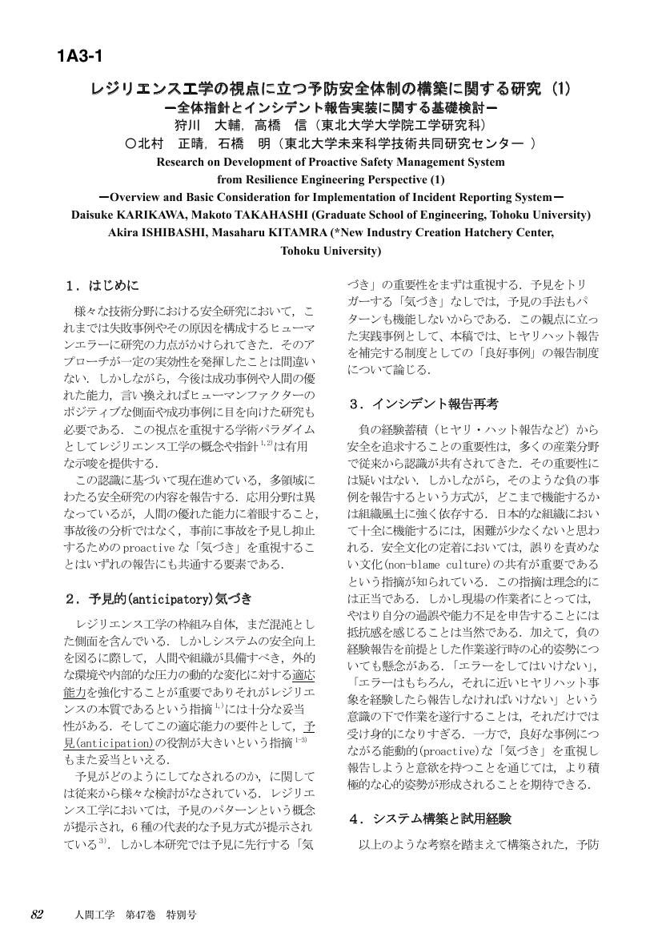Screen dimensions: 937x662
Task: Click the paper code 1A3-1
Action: coord(79,56)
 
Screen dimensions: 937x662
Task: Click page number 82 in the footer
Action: coord(37,915)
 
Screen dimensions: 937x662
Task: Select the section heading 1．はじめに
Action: coord(103,285)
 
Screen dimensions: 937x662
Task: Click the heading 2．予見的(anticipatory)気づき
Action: coord(158,598)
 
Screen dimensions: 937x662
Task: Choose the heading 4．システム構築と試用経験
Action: coord(430,819)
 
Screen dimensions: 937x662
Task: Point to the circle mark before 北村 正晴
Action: coord(132,144)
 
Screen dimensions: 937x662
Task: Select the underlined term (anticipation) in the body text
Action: coord(114,742)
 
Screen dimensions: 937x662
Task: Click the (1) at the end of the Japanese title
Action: coord(557,89)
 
